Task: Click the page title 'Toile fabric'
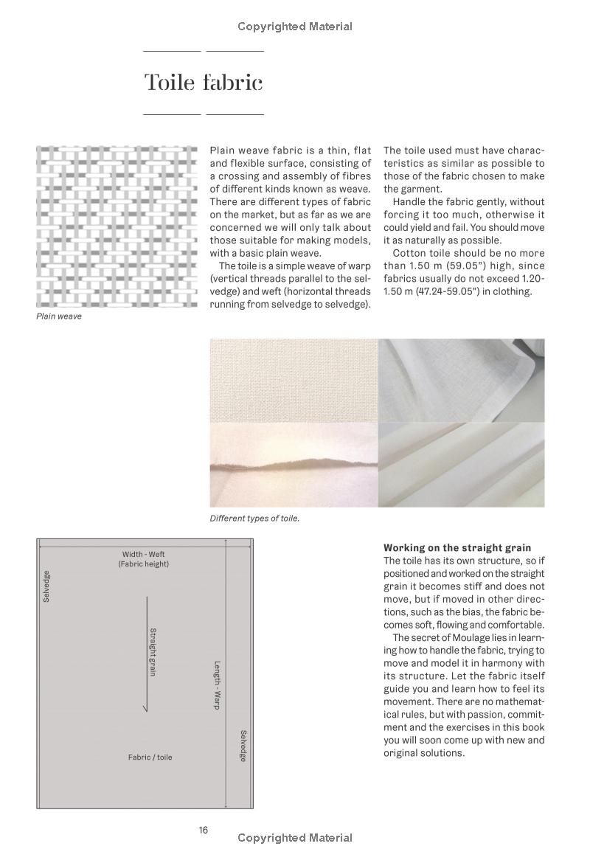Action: (203, 83)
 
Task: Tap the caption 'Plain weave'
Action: (59, 316)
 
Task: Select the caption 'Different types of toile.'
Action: (254, 519)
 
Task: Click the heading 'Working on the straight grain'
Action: (457, 548)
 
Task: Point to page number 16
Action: (203, 830)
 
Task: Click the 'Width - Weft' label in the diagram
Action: (143, 554)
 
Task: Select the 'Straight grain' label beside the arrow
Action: (153, 652)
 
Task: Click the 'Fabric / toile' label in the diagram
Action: (150, 758)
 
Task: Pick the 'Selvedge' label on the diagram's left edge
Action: (46, 586)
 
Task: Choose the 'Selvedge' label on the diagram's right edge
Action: (243, 746)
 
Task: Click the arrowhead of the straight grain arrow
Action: (146, 709)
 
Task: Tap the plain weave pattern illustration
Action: (117, 226)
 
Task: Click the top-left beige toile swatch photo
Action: (294, 380)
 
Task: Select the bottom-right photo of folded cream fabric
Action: (461, 465)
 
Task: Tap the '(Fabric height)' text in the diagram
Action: (143, 564)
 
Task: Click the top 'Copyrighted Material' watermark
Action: (295, 27)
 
